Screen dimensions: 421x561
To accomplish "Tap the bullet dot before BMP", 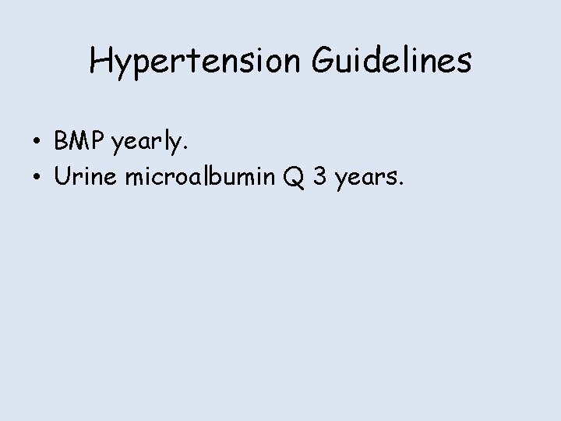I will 37,143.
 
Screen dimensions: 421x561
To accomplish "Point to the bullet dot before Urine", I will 37,179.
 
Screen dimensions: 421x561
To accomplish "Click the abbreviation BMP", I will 81,142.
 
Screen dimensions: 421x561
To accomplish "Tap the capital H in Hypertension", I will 101,61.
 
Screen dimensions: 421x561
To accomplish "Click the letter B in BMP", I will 62,142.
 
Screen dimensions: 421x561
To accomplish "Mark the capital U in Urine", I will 62,178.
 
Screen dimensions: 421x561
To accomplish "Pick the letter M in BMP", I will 81,142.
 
